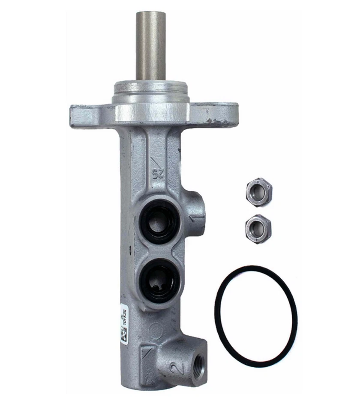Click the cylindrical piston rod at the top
[151, 45]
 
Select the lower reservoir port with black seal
[160, 280]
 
